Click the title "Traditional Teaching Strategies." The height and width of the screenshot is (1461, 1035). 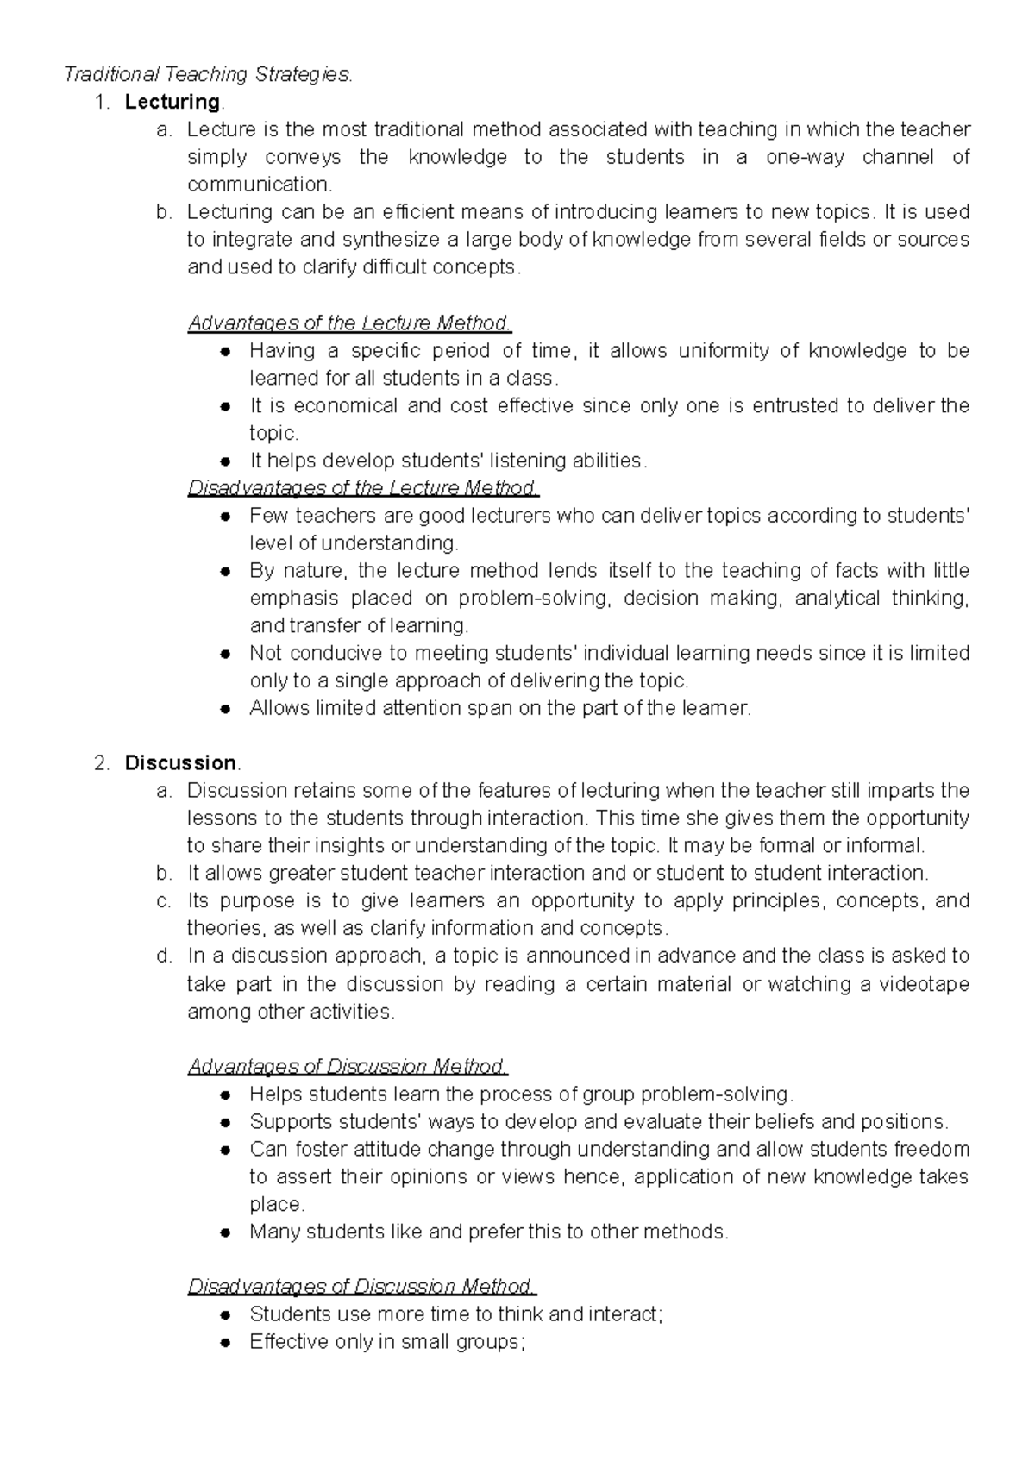[208, 75]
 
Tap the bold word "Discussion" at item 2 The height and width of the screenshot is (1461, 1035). [180, 763]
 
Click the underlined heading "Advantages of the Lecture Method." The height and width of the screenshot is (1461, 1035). [349, 323]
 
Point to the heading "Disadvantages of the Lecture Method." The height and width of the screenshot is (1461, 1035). [363, 488]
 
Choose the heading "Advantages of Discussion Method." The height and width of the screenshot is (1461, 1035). [348, 1067]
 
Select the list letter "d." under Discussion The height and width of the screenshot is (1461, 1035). [165, 956]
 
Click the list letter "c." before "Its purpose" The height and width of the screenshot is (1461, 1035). [165, 901]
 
